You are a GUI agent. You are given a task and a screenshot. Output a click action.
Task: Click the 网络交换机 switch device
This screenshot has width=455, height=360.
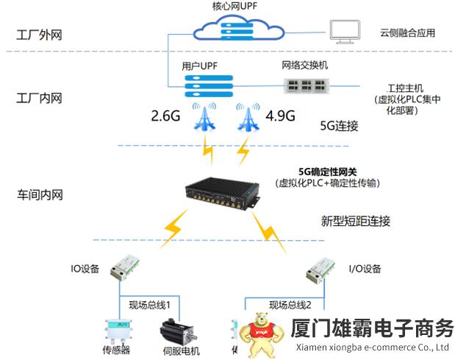[304, 84]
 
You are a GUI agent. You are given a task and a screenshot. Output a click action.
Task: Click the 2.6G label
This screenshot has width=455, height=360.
[165, 116]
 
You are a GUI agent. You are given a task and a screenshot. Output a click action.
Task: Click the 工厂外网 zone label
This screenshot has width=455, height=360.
[37, 34]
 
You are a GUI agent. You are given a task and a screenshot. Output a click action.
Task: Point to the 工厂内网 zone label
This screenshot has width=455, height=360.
[37, 98]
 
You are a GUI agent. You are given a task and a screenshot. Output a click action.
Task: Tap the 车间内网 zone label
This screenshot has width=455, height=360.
[37, 195]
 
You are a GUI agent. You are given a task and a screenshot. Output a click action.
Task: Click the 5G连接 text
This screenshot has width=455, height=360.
[340, 126]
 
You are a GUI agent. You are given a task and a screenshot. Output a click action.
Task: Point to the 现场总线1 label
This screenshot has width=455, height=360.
[150, 303]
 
